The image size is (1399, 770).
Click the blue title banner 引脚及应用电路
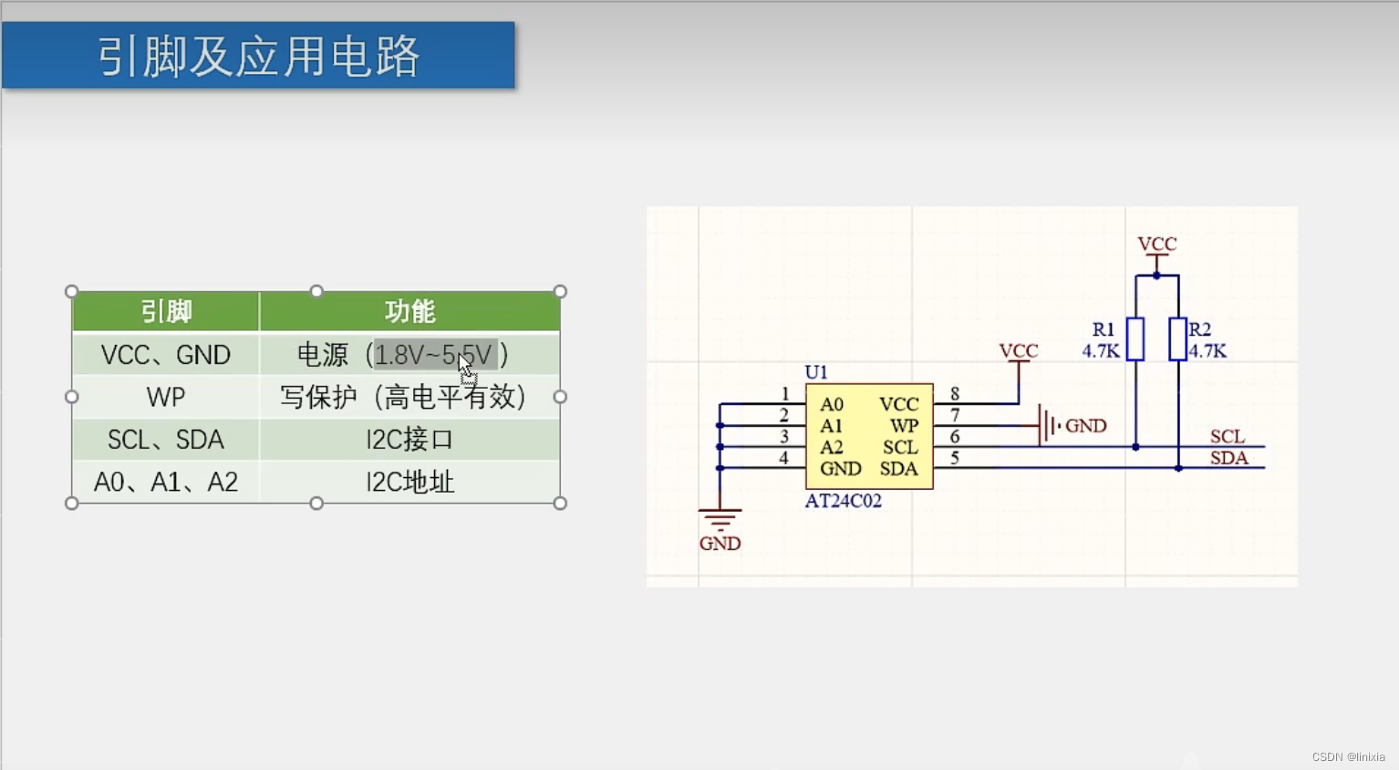click(x=258, y=56)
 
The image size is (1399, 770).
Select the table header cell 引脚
click(x=166, y=312)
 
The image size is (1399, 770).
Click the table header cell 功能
click(x=409, y=312)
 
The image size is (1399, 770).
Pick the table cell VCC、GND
click(x=166, y=355)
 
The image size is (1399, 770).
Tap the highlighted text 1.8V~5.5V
click(x=433, y=355)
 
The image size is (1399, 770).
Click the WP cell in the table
click(x=166, y=397)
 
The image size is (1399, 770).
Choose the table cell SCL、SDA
click(x=166, y=440)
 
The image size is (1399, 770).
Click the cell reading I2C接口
click(x=409, y=440)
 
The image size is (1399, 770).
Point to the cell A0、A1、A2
click(x=166, y=482)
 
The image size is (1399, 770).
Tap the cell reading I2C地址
click(x=409, y=482)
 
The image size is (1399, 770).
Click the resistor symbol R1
click(x=1135, y=339)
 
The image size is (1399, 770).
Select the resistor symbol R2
click(x=1178, y=339)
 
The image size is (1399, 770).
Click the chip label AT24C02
click(x=843, y=501)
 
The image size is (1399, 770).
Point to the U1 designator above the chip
click(x=815, y=372)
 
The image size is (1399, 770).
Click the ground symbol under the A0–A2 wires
click(x=720, y=520)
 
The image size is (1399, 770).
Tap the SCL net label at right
click(x=1228, y=436)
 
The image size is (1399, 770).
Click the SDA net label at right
click(x=1228, y=458)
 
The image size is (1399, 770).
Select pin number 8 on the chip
click(x=955, y=393)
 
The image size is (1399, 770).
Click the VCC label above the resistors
click(x=1156, y=245)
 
